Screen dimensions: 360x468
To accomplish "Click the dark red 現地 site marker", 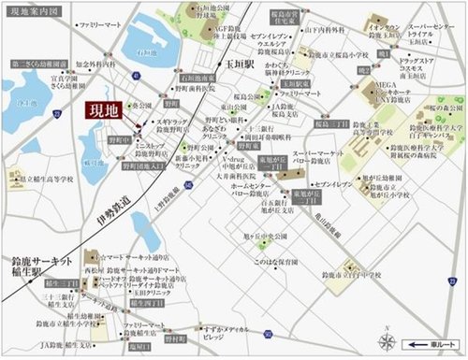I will pyautogui.click(x=103, y=109).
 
